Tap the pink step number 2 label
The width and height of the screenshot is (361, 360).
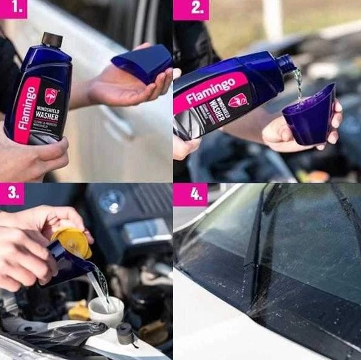tap(190, 9)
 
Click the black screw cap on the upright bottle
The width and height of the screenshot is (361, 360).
tap(52, 40)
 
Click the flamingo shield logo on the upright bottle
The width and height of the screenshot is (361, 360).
tap(52, 96)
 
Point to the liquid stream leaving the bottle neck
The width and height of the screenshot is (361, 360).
tap(298, 83)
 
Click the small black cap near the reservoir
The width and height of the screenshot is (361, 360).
tap(126, 334)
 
